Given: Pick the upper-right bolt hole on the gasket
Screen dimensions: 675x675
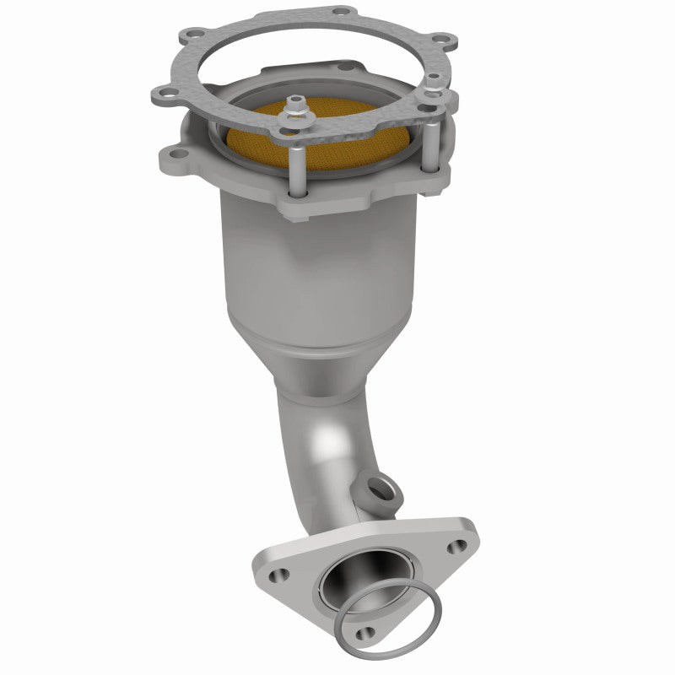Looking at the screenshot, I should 438,39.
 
